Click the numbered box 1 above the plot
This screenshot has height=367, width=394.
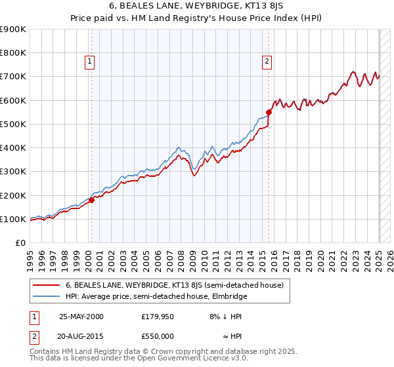point(89,62)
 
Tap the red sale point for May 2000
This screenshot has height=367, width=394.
point(91,201)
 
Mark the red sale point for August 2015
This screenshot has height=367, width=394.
point(269,113)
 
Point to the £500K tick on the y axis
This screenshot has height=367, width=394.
point(13,124)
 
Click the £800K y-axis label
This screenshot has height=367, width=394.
point(13,53)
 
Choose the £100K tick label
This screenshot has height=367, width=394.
point(13,219)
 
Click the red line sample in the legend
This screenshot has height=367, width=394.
point(46,285)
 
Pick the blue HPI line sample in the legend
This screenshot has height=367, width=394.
point(46,296)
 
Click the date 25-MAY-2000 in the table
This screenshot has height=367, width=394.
point(81,316)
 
